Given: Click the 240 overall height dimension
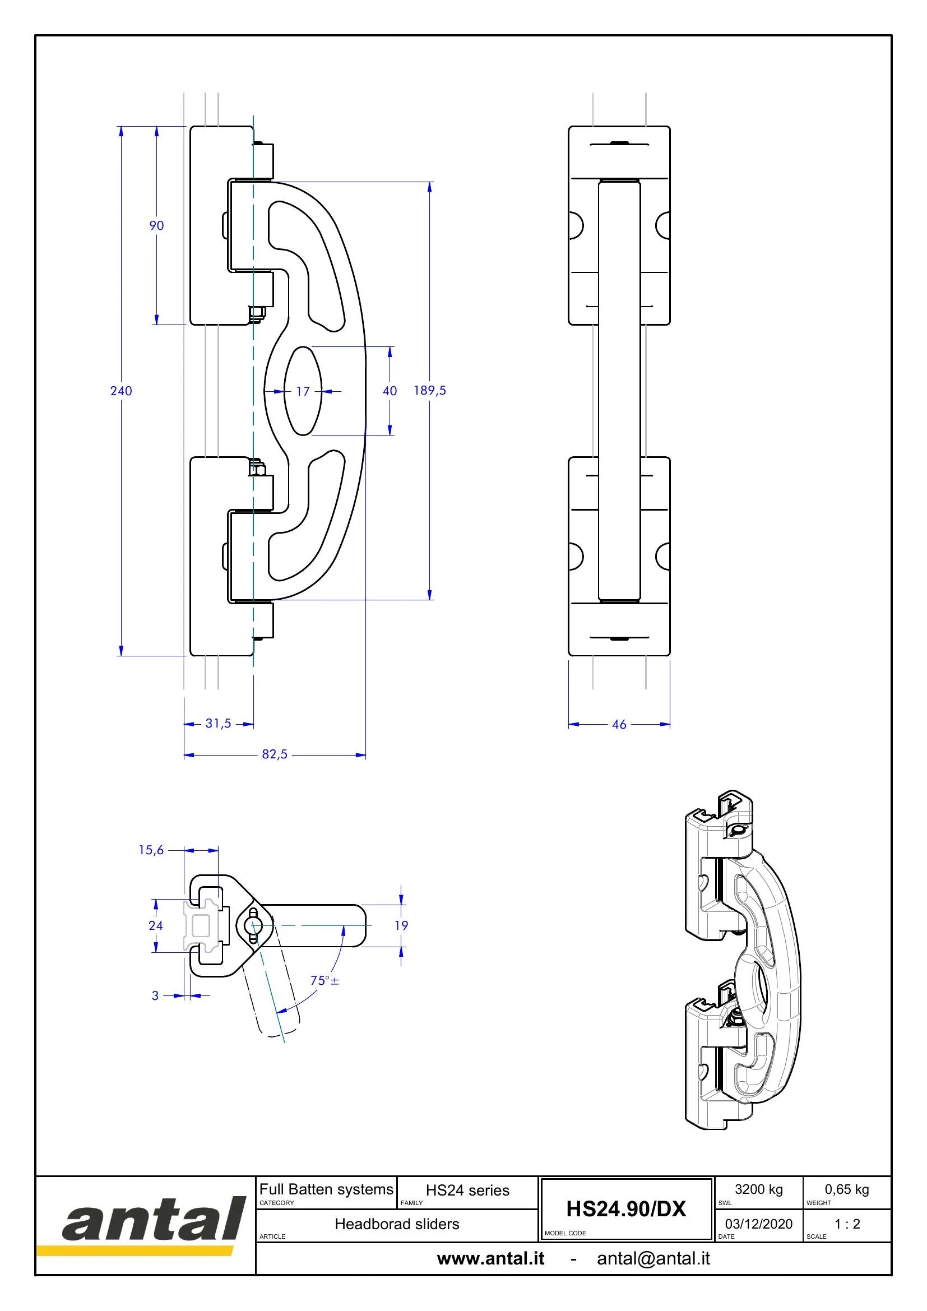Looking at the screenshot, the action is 121,391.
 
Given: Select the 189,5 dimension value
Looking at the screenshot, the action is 430,391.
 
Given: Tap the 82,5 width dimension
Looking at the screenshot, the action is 275,754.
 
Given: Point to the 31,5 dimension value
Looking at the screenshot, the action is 218,724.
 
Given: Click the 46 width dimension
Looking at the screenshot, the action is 619,724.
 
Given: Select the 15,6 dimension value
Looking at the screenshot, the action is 151,850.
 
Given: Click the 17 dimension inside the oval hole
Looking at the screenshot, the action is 303,391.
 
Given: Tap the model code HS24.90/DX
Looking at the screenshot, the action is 625,1209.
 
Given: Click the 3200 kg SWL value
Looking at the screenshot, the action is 759,1189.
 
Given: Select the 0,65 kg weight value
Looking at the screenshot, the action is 846,1189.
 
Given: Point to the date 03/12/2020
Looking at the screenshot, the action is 759,1224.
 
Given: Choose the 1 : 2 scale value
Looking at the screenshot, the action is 847,1224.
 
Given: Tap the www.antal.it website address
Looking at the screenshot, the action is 491,1258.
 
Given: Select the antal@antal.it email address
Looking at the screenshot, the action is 653,1258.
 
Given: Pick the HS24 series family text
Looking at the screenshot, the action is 467,1190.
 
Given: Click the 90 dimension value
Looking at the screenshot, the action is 156,225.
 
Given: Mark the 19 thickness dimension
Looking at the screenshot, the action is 401,925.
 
